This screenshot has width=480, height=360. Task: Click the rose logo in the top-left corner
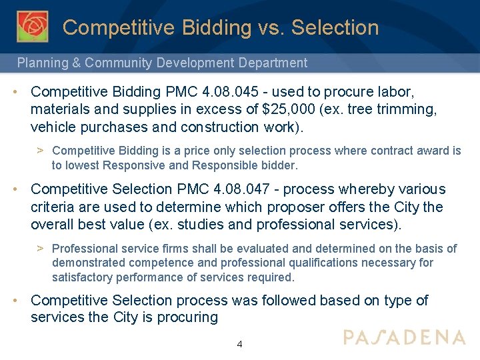pyautogui.click(x=32, y=27)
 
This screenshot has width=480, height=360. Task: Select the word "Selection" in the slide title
pyautogui.click(x=335, y=28)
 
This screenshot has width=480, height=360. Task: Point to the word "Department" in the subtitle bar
pyautogui.click(x=273, y=63)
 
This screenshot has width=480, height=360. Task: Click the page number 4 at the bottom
pyautogui.click(x=240, y=345)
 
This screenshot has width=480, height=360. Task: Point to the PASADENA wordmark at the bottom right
pyautogui.click(x=404, y=337)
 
